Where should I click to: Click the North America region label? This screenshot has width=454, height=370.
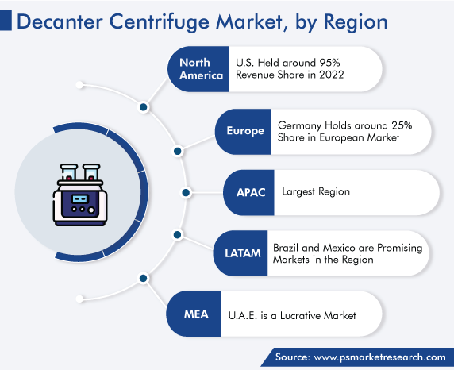pyautogui.click(x=202, y=69)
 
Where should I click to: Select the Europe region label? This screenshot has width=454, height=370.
pyautogui.click(x=245, y=131)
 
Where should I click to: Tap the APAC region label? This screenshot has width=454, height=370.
pyautogui.click(x=251, y=192)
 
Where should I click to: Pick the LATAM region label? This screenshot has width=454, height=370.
pyautogui.click(x=243, y=253)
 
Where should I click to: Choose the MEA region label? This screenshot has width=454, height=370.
pyautogui.click(x=196, y=314)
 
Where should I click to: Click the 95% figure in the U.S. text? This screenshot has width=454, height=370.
pyautogui.click(x=329, y=63)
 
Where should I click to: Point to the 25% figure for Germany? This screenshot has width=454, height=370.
pyautogui.click(x=402, y=125)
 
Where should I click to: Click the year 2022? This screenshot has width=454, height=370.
pyautogui.click(x=332, y=75)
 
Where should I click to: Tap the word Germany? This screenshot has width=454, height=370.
pyautogui.click(x=299, y=125)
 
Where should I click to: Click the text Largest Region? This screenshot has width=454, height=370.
pyautogui.click(x=316, y=192)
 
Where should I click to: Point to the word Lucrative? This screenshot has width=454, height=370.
pyautogui.click(x=301, y=315)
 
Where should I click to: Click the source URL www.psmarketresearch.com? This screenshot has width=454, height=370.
pyautogui.click(x=380, y=357)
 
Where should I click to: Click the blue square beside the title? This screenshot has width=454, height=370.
pyautogui.click(x=6, y=20)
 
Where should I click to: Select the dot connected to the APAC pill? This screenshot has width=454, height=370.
pyautogui.click(x=186, y=192)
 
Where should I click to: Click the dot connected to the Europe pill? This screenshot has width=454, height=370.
pyautogui.click(x=178, y=151)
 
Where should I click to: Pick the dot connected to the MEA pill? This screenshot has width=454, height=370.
pyautogui.click(x=144, y=279)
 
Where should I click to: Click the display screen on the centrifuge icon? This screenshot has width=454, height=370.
pyautogui.click(x=80, y=199)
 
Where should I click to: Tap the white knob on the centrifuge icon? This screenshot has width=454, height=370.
pyautogui.click(x=91, y=210)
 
